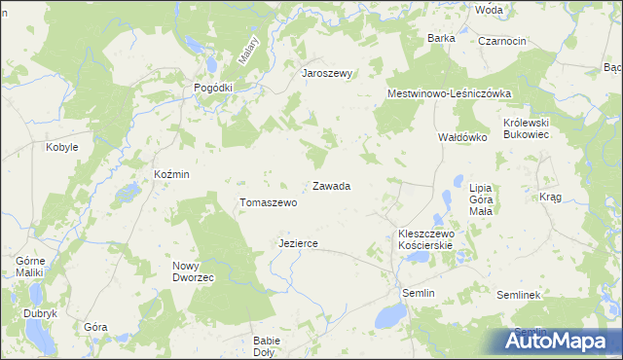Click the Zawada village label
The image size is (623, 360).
click(331, 185)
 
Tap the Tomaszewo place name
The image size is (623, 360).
click(268, 202)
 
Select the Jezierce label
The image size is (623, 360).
click(298, 243)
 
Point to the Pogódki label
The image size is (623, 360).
click(213, 87)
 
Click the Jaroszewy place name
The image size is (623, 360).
click(326, 73)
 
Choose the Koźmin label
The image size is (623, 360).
click(171, 173)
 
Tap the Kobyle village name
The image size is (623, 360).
click(62, 147)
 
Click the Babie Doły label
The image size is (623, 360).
click(267, 346)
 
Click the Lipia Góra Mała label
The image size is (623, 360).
click(481, 198)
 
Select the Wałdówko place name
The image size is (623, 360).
click(461, 138)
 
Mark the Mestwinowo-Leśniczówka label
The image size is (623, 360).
click(450, 93)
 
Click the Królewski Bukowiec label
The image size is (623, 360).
click(527, 128)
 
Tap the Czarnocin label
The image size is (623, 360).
click(502, 41)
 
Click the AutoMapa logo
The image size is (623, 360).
click(561, 341)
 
